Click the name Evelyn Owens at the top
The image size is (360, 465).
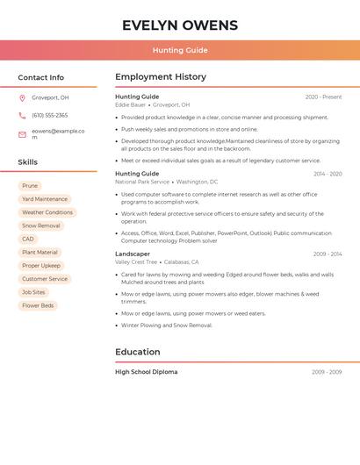point(180,25)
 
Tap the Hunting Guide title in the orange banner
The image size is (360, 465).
point(180,50)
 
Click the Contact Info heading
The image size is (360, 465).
point(40,77)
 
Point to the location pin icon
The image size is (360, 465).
point(22,98)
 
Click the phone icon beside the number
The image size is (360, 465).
point(22,115)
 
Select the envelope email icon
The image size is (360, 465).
point(22,134)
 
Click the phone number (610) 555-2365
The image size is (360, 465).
point(49,115)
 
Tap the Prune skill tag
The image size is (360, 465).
point(30,186)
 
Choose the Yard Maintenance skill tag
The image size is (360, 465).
point(45,199)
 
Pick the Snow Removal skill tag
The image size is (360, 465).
point(41,225)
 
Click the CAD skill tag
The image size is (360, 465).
point(28,239)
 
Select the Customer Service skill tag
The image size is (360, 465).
point(45,279)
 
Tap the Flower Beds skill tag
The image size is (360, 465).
point(38,305)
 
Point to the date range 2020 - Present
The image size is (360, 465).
point(323,97)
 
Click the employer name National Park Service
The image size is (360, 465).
point(142,182)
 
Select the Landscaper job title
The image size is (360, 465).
point(133,254)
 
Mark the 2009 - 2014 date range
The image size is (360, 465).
point(328,254)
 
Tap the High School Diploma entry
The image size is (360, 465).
point(146,372)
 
